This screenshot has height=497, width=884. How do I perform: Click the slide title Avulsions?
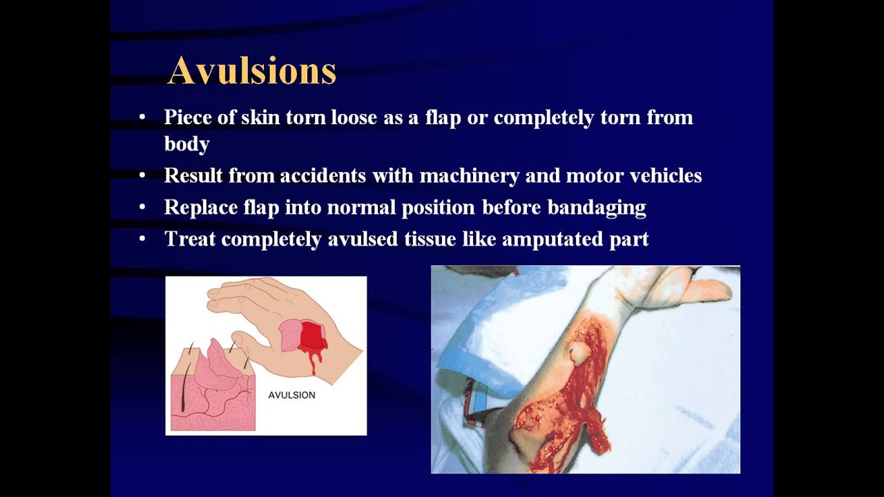point(251,70)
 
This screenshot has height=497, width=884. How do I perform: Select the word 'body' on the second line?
point(186,144)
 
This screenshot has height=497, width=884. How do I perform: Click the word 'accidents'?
point(322,176)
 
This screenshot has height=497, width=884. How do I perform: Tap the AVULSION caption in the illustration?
point(291,396)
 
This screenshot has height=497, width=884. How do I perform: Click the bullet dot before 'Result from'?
point(142,176)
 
